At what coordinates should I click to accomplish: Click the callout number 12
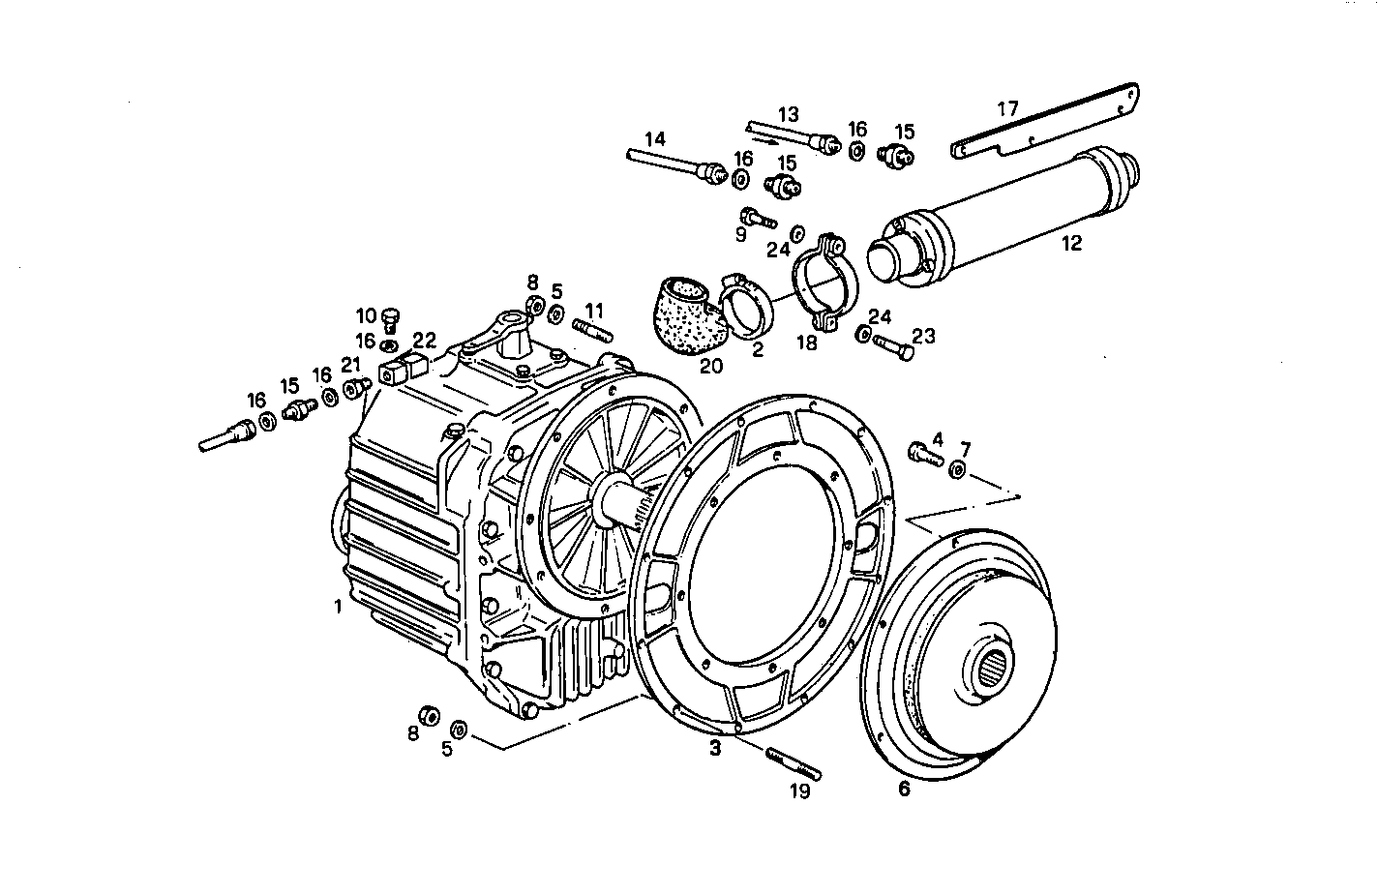pyautogui.click(x=1070, y=244)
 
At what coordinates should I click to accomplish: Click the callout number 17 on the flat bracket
pyautogui.click(x=1007, y=108)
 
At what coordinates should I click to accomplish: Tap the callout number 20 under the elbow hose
pyautogui.click(x=711, y=366)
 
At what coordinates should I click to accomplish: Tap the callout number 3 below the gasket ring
pyautogui.click(x=715, y=748)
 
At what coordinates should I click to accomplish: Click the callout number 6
pyautogui.click(x=904, y=789)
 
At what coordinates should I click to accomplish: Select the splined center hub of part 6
pyautogui.click(x=988, y=668)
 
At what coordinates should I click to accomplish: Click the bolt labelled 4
pyautogui.click(x=924, y=454)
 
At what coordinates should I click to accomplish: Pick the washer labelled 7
pyautogui.click(x=957, y=469)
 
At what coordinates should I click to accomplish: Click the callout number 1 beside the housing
pyautogui.click(x=338, y=607)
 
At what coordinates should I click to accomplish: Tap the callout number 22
pyautogui.click(x=425, y=341)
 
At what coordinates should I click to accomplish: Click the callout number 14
pyautogui.click(x=655, y=139)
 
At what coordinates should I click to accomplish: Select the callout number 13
pyautogui.click(x=788, y=111)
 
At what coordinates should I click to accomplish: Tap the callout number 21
pyautogui.click(x=350, y=364)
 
